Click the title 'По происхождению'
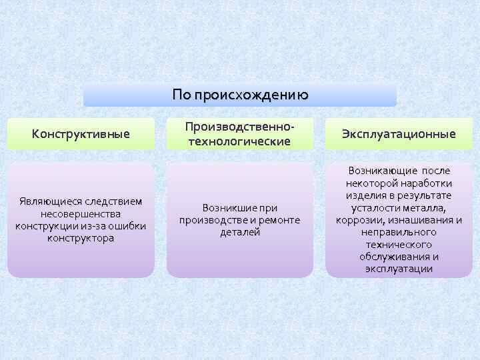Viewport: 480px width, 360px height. tap(240, 95)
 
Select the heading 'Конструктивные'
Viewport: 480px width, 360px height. tap(81, 134)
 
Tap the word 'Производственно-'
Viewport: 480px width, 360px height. tap(239, 127)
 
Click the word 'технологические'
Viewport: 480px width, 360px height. tap(239, 141)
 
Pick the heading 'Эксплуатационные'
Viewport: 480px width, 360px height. tap(399, 134)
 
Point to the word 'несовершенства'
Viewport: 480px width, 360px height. tap(81, 213)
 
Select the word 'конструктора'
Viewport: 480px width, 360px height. tap(81, 237)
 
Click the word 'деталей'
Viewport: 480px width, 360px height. tap(239, 232)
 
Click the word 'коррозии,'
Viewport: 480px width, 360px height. tap(360, 219)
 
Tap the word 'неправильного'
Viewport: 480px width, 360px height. tap(399, 232)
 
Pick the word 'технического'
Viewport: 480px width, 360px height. tap(399, 244)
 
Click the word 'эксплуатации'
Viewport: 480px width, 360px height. tap(399, 269)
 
